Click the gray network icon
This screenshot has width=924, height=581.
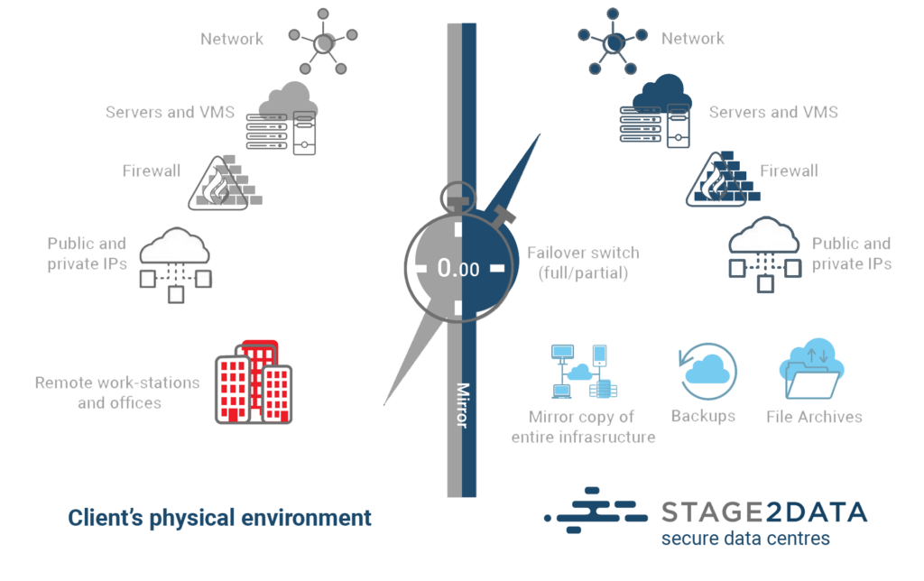(323, 42)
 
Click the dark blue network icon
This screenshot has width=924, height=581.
(613, 42)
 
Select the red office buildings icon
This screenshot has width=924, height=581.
(254, 382)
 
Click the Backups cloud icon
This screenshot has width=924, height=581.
(707, 371)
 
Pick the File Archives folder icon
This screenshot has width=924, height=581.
(812, 369)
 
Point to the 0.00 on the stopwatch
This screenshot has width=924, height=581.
(457, 269)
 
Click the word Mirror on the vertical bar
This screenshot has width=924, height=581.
(463, 405)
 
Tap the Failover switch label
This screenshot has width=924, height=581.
(583, 263)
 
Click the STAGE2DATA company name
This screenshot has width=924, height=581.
(764, 512)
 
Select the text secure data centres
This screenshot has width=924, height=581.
(745, 538)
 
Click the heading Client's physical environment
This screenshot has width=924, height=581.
(219, 518)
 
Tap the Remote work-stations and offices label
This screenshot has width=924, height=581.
(118, 392)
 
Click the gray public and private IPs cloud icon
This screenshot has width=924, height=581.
(176, 265)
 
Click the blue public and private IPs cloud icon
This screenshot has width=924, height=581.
(765, 254)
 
